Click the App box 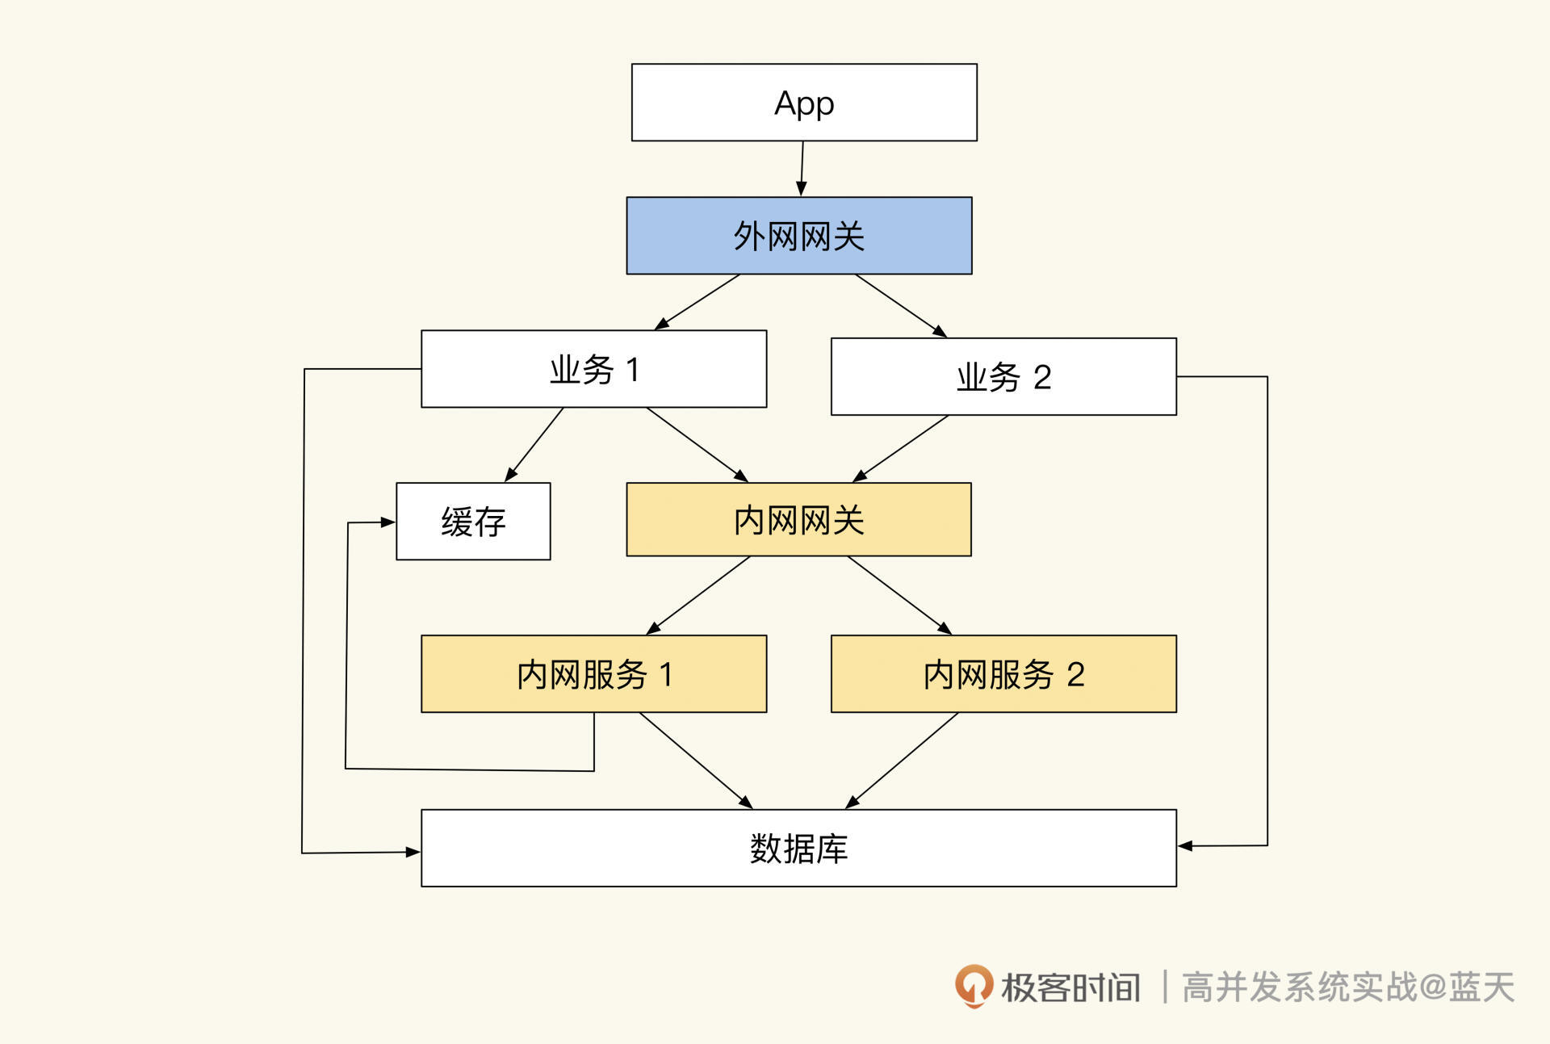(804, 103)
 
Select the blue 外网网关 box (799, 236)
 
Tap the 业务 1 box (593, 369)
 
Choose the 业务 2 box (1003, 377)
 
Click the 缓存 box (473, 522)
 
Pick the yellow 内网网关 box (798, 520)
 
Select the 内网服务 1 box (593, 674)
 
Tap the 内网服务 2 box (1003, 674)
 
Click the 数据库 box (798, 849)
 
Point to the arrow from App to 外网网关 (802, 168)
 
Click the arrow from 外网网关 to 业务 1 (698, 301)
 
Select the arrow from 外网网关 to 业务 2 (900, 305)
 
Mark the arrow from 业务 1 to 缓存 (534, 445)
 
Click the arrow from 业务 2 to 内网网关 (901, 449)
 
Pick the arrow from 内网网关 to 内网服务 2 (899, 595)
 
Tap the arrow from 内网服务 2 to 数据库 (903, 760)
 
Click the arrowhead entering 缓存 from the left (388, 522)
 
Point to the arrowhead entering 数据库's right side (1185, 846)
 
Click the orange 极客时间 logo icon (974, 986)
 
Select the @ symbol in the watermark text (1432, 987)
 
